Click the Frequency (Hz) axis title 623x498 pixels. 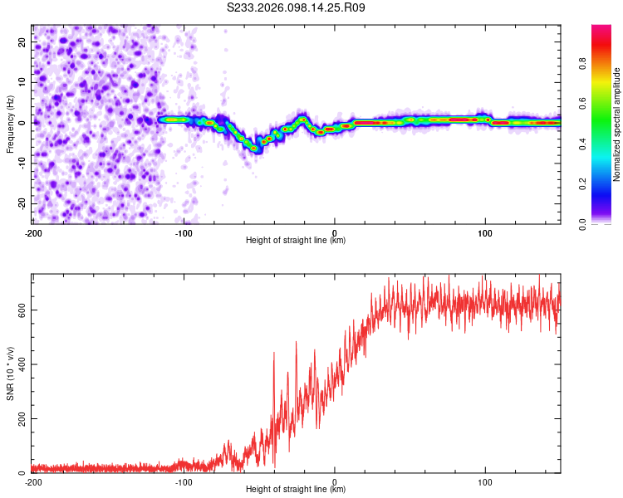[x=11, y=122]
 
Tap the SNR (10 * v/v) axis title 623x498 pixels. [x=11, y=373]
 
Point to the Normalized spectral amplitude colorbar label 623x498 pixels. [x=617, y=124]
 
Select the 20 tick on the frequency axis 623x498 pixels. [x=22, y=41]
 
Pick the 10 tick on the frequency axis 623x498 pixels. [x=22, y=81]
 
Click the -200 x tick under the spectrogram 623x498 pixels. [x=33, y=232]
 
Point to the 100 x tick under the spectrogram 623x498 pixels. [x=485, y=232]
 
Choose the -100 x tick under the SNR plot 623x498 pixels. [x=184, y=481]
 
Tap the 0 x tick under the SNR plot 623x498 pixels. [x=335, y=481]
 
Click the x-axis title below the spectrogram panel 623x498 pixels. [x=296, y=241]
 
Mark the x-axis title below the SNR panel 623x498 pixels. [x=296, y=491]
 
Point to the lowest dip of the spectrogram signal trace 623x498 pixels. [x=255, y=148]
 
